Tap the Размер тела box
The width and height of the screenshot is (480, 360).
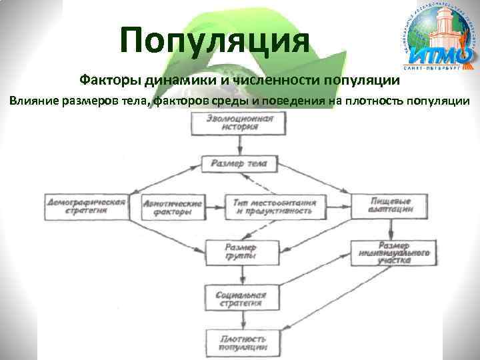[x=239, y=163]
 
